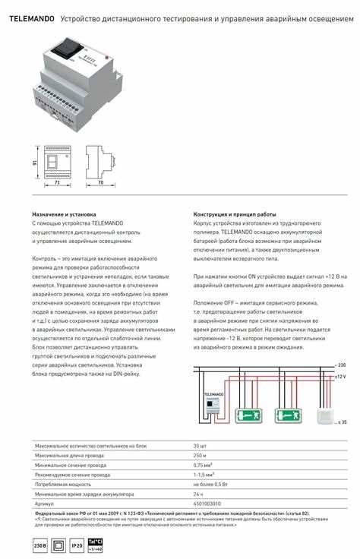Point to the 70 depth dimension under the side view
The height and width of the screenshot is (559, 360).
tap(101, 183)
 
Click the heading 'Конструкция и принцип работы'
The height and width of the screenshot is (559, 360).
tap(235, 215)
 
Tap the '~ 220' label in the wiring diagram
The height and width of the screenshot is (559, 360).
tap(340, 365)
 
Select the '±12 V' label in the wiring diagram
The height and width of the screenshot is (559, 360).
tap(339, 377)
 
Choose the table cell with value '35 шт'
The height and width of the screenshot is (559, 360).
tap(200, 446)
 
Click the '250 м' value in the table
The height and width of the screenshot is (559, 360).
tap(200, 456)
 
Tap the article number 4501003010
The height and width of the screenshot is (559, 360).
tap(207, 503)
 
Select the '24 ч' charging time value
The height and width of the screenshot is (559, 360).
tap(198, 494)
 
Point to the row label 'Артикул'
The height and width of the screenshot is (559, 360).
tap(45, 503)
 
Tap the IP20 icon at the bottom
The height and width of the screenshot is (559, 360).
tap(77, 545)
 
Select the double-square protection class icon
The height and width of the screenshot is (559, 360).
tap(58, 545)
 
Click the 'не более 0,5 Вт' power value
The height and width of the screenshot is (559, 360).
tap(210, 484)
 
